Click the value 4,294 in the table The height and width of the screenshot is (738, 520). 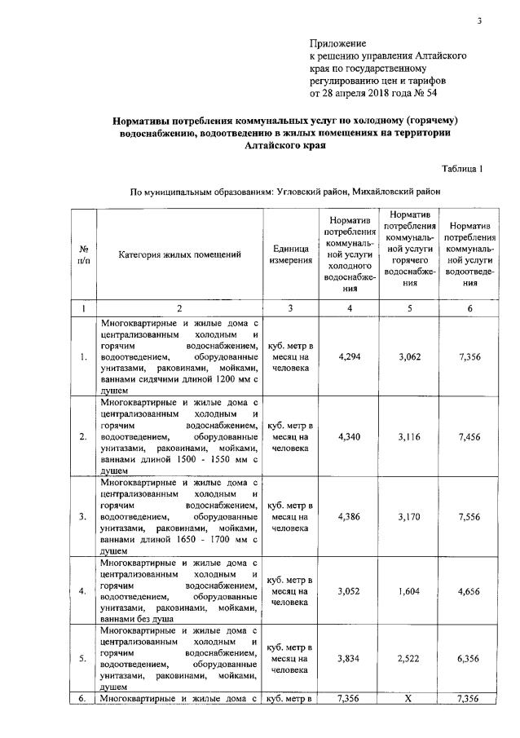click(x=348, y=356)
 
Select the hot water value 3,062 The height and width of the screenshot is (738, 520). click(x=410, y=356)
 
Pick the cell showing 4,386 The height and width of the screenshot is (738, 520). click(x=348, y=516)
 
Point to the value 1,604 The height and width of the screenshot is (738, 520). click(x=410, y=590)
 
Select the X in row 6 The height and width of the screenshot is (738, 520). click(x=410, y=699)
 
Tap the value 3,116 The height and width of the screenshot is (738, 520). click(x=410, y=436)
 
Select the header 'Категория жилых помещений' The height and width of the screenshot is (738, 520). click(x=179, y=254)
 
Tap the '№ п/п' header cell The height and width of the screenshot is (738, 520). click(x=84, y=254)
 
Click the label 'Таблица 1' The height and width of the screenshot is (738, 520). click(x=462, y=169)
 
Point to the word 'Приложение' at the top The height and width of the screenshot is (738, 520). click(x=337, y=43)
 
